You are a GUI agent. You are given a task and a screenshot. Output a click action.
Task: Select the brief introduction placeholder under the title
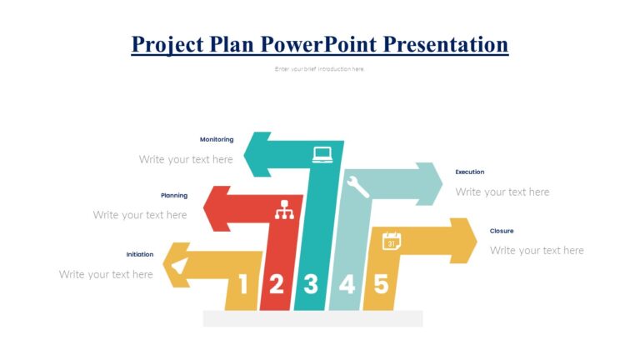click(x=319, y=69)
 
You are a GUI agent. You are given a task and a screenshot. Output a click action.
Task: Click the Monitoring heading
click(x=217, y=139)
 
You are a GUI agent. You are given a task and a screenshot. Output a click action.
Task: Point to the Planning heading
click(x=174, y=195)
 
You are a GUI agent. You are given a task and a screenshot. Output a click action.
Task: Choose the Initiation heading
click(x=140, y=254)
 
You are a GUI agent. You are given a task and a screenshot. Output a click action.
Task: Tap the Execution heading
click(x=469, y=172)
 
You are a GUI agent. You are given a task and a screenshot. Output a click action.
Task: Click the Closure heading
click(x=502, y=231)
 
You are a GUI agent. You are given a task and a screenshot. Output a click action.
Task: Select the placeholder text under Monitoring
click(x=186, y=159)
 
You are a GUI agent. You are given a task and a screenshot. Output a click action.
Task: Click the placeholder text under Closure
click(x=537, y=250)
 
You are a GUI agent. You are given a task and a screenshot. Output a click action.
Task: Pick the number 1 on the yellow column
click(x=242, y=285)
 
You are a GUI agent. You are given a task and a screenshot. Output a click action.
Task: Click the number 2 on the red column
click(x=276, y=285)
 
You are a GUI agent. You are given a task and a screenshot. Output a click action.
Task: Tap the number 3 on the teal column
click(x=311, y=285)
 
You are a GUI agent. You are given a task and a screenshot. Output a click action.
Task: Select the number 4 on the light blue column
click(x=346, y=285)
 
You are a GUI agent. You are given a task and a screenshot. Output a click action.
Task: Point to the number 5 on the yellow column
click(x=380, y=285)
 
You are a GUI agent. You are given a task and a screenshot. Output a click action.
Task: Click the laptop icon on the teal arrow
click(x=322, y=154)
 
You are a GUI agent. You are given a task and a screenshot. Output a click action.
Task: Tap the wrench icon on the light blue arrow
click(x=357, y=186)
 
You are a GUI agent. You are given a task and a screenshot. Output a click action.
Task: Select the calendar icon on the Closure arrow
click(x=392, y=242)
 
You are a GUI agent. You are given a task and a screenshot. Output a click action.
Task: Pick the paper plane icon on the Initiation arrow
click(x=178, y=266)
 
